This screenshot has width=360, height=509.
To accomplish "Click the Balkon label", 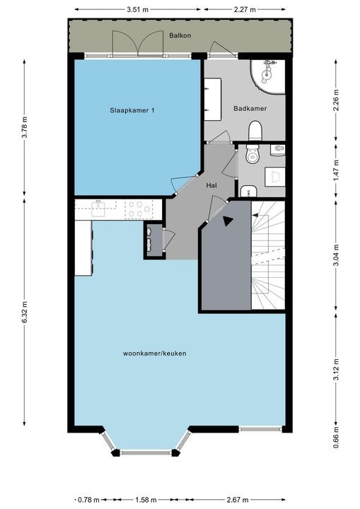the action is [180, 35].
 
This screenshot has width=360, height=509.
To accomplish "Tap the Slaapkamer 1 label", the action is [132, 110].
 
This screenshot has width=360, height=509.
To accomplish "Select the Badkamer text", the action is [250, 108].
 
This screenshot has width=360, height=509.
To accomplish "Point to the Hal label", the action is [211, 185].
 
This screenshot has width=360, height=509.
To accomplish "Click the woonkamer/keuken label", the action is [155, 353].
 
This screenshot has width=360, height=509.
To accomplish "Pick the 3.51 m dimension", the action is [137, 9].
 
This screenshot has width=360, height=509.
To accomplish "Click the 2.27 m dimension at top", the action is [245, 9].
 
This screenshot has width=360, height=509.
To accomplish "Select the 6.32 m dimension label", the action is [25, 312].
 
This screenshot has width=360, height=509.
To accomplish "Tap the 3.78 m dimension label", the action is [25, 127].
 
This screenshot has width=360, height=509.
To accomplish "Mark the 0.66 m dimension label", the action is [336, 438].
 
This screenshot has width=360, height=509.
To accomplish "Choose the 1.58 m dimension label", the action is [146, 500].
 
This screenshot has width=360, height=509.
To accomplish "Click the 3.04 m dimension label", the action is [336, 255].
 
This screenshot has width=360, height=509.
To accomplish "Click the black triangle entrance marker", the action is [228, 221].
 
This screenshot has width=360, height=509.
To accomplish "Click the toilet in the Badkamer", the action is [255, 131].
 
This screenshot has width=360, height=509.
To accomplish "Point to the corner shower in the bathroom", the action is [268, 77].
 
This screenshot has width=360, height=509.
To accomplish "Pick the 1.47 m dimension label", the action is [336, 170].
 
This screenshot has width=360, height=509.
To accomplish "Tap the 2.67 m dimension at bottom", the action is [238, 500].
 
